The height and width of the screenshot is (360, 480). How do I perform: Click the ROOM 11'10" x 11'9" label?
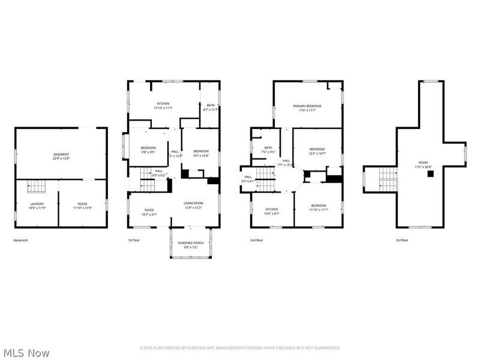tap(83, 206)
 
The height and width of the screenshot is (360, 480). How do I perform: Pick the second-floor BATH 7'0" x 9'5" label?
tap(268, 150)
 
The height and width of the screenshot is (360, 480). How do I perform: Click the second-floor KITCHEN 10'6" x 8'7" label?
tap(272, 211)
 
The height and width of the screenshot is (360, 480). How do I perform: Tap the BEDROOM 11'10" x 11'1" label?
tap(318, 207)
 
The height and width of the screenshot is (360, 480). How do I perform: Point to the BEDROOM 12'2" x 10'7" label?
tap(317, 151)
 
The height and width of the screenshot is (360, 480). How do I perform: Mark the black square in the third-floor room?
tap(430, 174)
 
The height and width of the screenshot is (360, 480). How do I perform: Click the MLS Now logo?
tap(26, 353)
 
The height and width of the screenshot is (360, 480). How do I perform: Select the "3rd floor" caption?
tap(401, 240)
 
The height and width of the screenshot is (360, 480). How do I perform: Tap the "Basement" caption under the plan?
tap(21, 240)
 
